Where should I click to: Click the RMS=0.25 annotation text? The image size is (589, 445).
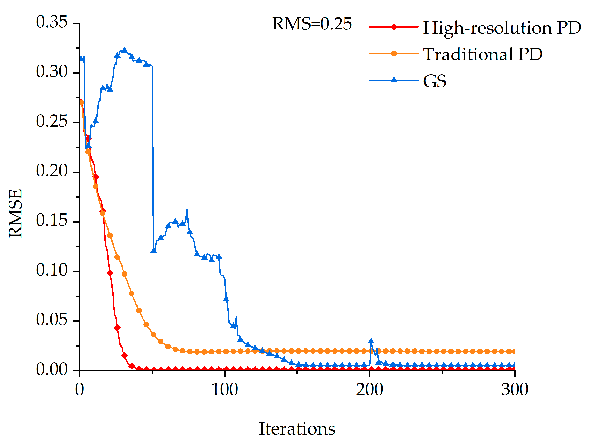(312, 24)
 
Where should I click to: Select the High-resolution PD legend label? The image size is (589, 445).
(502, 28)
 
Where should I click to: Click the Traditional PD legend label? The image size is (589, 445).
(483, 54)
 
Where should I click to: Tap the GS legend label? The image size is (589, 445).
(435, 81)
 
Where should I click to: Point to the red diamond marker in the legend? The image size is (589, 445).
(394, 27)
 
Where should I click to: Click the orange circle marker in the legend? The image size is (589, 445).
(394, 54)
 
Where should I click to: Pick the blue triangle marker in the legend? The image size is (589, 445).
(394, 80)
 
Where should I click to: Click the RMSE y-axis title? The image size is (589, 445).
(15, 213)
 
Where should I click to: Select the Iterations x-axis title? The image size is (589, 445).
(297, 428)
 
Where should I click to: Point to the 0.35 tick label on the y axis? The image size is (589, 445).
(52, 22)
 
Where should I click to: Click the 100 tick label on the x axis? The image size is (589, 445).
(225, 390)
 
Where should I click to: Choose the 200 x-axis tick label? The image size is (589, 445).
(370, 390)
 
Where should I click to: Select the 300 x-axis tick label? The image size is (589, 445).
(514, 390)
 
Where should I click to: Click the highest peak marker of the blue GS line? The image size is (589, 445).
(124, 50)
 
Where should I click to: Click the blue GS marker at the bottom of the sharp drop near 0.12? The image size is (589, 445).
(153, 251)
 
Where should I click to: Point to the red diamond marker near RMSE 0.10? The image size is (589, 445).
(110, 273)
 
